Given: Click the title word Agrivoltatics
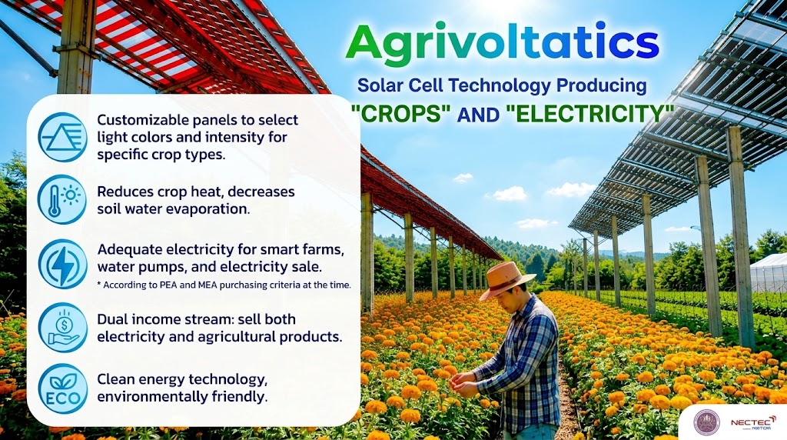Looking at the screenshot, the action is (x=502, y=42).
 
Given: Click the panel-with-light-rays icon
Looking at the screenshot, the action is (x=63, y=137).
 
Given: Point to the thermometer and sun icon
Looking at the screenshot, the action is (x=63, y=199).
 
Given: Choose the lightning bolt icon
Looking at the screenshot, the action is (x=63, y=264).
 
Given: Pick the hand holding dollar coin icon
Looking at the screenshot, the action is (x=63, y=327).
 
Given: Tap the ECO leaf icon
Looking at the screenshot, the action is (x=63, y=388).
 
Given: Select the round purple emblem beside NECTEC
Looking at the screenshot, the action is (x=707, y=422).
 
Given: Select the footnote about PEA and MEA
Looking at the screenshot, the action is (x=224, y=285).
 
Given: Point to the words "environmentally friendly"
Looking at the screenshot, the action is (x=182, y=397).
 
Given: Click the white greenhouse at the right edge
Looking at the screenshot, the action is (x=768, y=273).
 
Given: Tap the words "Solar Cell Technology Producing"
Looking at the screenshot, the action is (x=502, y=85).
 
